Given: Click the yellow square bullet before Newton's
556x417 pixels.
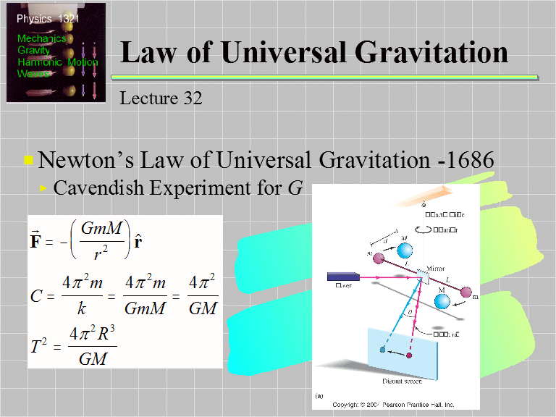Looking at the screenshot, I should coord(28,160).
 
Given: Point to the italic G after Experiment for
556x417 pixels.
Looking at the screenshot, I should coord(295,188).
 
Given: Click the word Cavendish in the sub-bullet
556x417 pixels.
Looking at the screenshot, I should coord(100,188).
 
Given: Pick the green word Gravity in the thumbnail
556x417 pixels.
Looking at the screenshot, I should coord(33,51).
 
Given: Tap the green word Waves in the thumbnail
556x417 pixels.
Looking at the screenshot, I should coord(33,73).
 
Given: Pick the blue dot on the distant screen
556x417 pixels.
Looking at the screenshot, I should coord(382,350).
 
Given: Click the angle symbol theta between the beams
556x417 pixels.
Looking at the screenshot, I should coord(410,313).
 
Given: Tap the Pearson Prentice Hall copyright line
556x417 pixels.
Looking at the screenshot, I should coord(394,404).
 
